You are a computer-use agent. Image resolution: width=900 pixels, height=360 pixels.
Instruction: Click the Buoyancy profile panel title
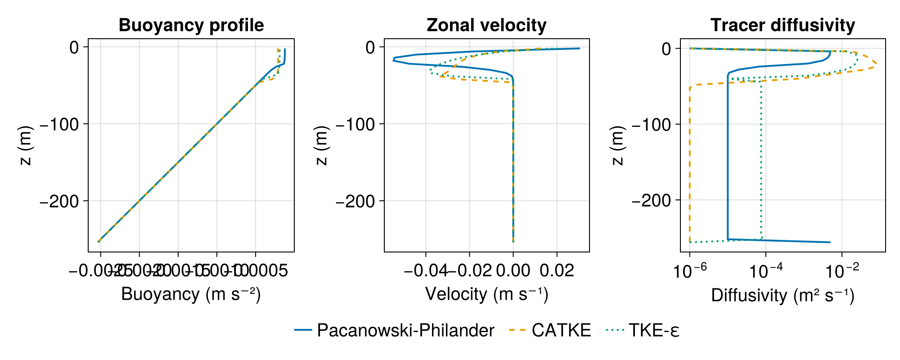(x=191, y=25)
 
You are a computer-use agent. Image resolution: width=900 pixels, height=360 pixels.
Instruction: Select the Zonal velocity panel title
(x=486, y=25)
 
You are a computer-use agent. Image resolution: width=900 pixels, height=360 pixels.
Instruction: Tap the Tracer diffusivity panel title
(x=783, y=25)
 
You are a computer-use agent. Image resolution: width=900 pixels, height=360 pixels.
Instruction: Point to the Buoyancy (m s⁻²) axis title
(x=191, y=294)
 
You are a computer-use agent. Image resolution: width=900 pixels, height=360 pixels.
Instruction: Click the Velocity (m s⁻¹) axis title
(x=486, y=294)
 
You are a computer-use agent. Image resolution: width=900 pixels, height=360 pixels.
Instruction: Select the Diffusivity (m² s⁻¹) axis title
(x=783, y=295)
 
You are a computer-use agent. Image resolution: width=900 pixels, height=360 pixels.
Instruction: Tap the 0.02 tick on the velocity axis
(x=557, y=270)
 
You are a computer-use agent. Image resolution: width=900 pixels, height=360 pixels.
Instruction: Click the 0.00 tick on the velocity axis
(x=513, y=270)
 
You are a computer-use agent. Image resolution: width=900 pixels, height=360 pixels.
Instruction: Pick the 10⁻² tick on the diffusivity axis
(x=842, y=271)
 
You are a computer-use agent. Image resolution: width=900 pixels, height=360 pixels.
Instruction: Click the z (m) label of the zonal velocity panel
(x=321, y=145)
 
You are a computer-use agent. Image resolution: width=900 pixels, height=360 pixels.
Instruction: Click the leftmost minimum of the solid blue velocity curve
(x=394, y=59)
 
